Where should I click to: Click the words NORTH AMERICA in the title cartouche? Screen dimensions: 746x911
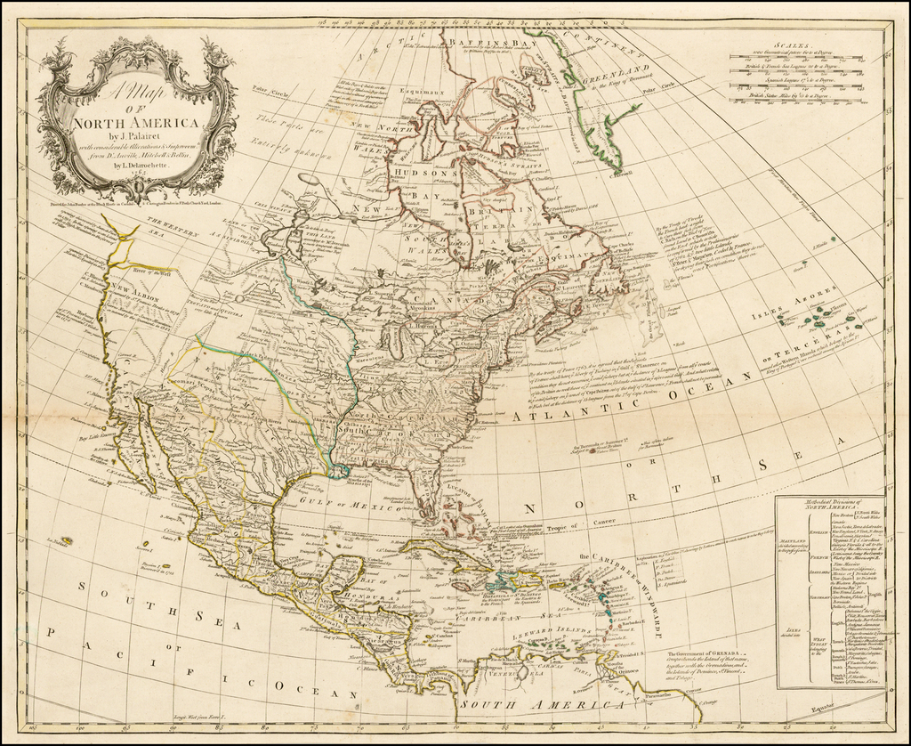point(136,123)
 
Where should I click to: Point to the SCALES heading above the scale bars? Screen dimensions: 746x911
point(791,43)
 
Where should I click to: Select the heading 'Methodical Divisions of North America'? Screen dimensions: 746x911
point(828,507)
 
